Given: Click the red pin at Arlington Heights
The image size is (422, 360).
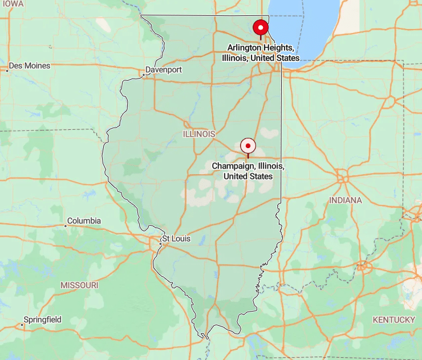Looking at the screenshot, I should point(261,27).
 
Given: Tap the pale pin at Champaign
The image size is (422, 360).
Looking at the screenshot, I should point(248,146).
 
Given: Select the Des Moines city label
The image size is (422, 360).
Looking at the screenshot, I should point(30,66).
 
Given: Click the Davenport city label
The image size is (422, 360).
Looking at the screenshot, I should point(164,69).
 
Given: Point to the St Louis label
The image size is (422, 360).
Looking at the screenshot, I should point(176,239).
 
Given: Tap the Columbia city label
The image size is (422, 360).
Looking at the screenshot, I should point(84,220).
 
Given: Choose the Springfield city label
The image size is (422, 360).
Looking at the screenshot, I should point(42,320).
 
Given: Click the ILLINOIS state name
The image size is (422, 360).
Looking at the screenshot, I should point(199,133).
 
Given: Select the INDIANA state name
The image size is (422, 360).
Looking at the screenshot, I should point(345,200).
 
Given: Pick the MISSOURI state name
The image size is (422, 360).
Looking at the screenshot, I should point(79,284).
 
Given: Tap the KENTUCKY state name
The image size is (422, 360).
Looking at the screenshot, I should point(393,320).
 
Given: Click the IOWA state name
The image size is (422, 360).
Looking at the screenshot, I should point(12,3).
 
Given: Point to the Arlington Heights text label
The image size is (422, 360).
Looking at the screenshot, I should point(261,52).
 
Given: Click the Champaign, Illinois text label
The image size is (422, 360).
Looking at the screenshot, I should point(248,171).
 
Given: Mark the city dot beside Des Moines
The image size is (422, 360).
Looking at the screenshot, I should point(7,71).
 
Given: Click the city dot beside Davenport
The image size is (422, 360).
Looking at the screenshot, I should point(143,75).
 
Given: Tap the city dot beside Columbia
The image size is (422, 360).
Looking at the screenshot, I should point(65,226).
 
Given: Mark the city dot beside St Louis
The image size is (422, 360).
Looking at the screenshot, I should point(160,244).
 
